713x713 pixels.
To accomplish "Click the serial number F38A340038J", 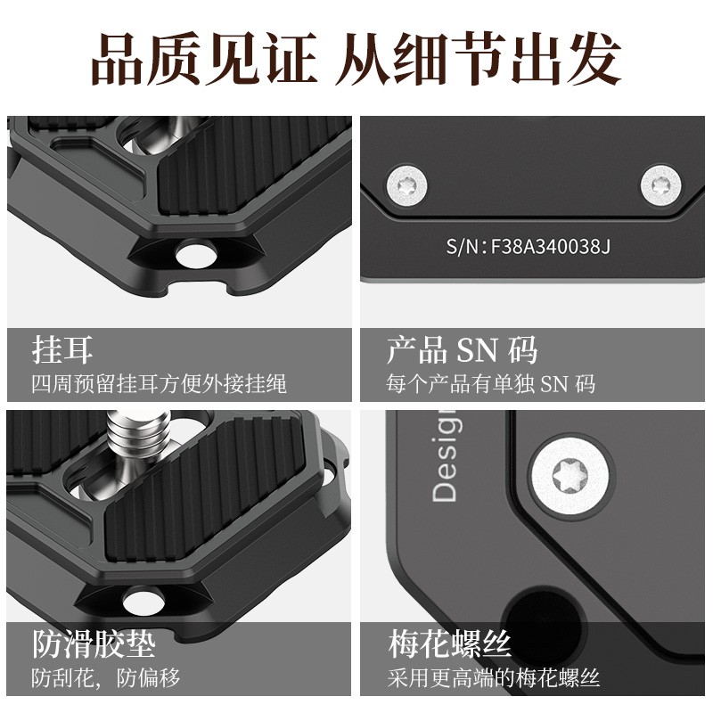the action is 528,246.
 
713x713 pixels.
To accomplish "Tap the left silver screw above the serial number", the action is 406,185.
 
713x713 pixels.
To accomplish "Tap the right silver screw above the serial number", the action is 660,185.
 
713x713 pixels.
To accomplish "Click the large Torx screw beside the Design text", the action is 570,476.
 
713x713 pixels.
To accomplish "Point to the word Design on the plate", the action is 445,455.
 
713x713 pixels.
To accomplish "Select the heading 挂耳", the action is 62,349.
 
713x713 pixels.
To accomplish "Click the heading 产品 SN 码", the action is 462,349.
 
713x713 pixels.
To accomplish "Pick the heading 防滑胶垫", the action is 94,643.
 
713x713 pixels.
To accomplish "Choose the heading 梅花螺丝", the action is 450,643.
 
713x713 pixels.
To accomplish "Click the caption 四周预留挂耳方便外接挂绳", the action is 160,384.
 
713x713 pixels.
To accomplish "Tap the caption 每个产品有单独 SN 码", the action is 491,384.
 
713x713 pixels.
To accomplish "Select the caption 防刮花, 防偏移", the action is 105,677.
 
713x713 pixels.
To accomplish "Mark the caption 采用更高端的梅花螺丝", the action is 494,677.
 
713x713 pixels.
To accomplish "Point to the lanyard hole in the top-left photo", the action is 196,254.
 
